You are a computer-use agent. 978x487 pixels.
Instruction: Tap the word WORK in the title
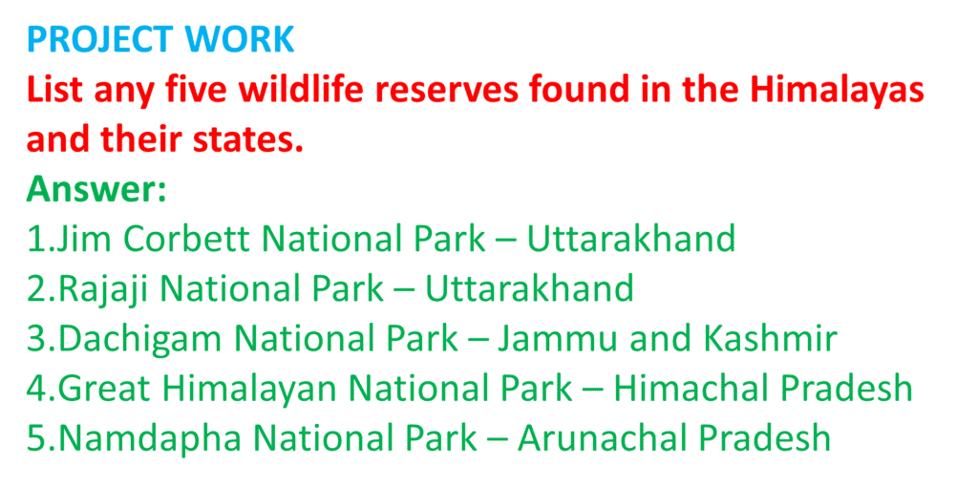pos(240,39)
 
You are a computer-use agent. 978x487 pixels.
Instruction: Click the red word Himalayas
pos(833,91)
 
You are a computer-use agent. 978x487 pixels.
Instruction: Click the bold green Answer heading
pos(96,191)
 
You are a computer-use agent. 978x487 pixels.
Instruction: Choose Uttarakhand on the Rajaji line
pos(529,288)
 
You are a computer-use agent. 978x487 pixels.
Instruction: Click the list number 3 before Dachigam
pos(35,339)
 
